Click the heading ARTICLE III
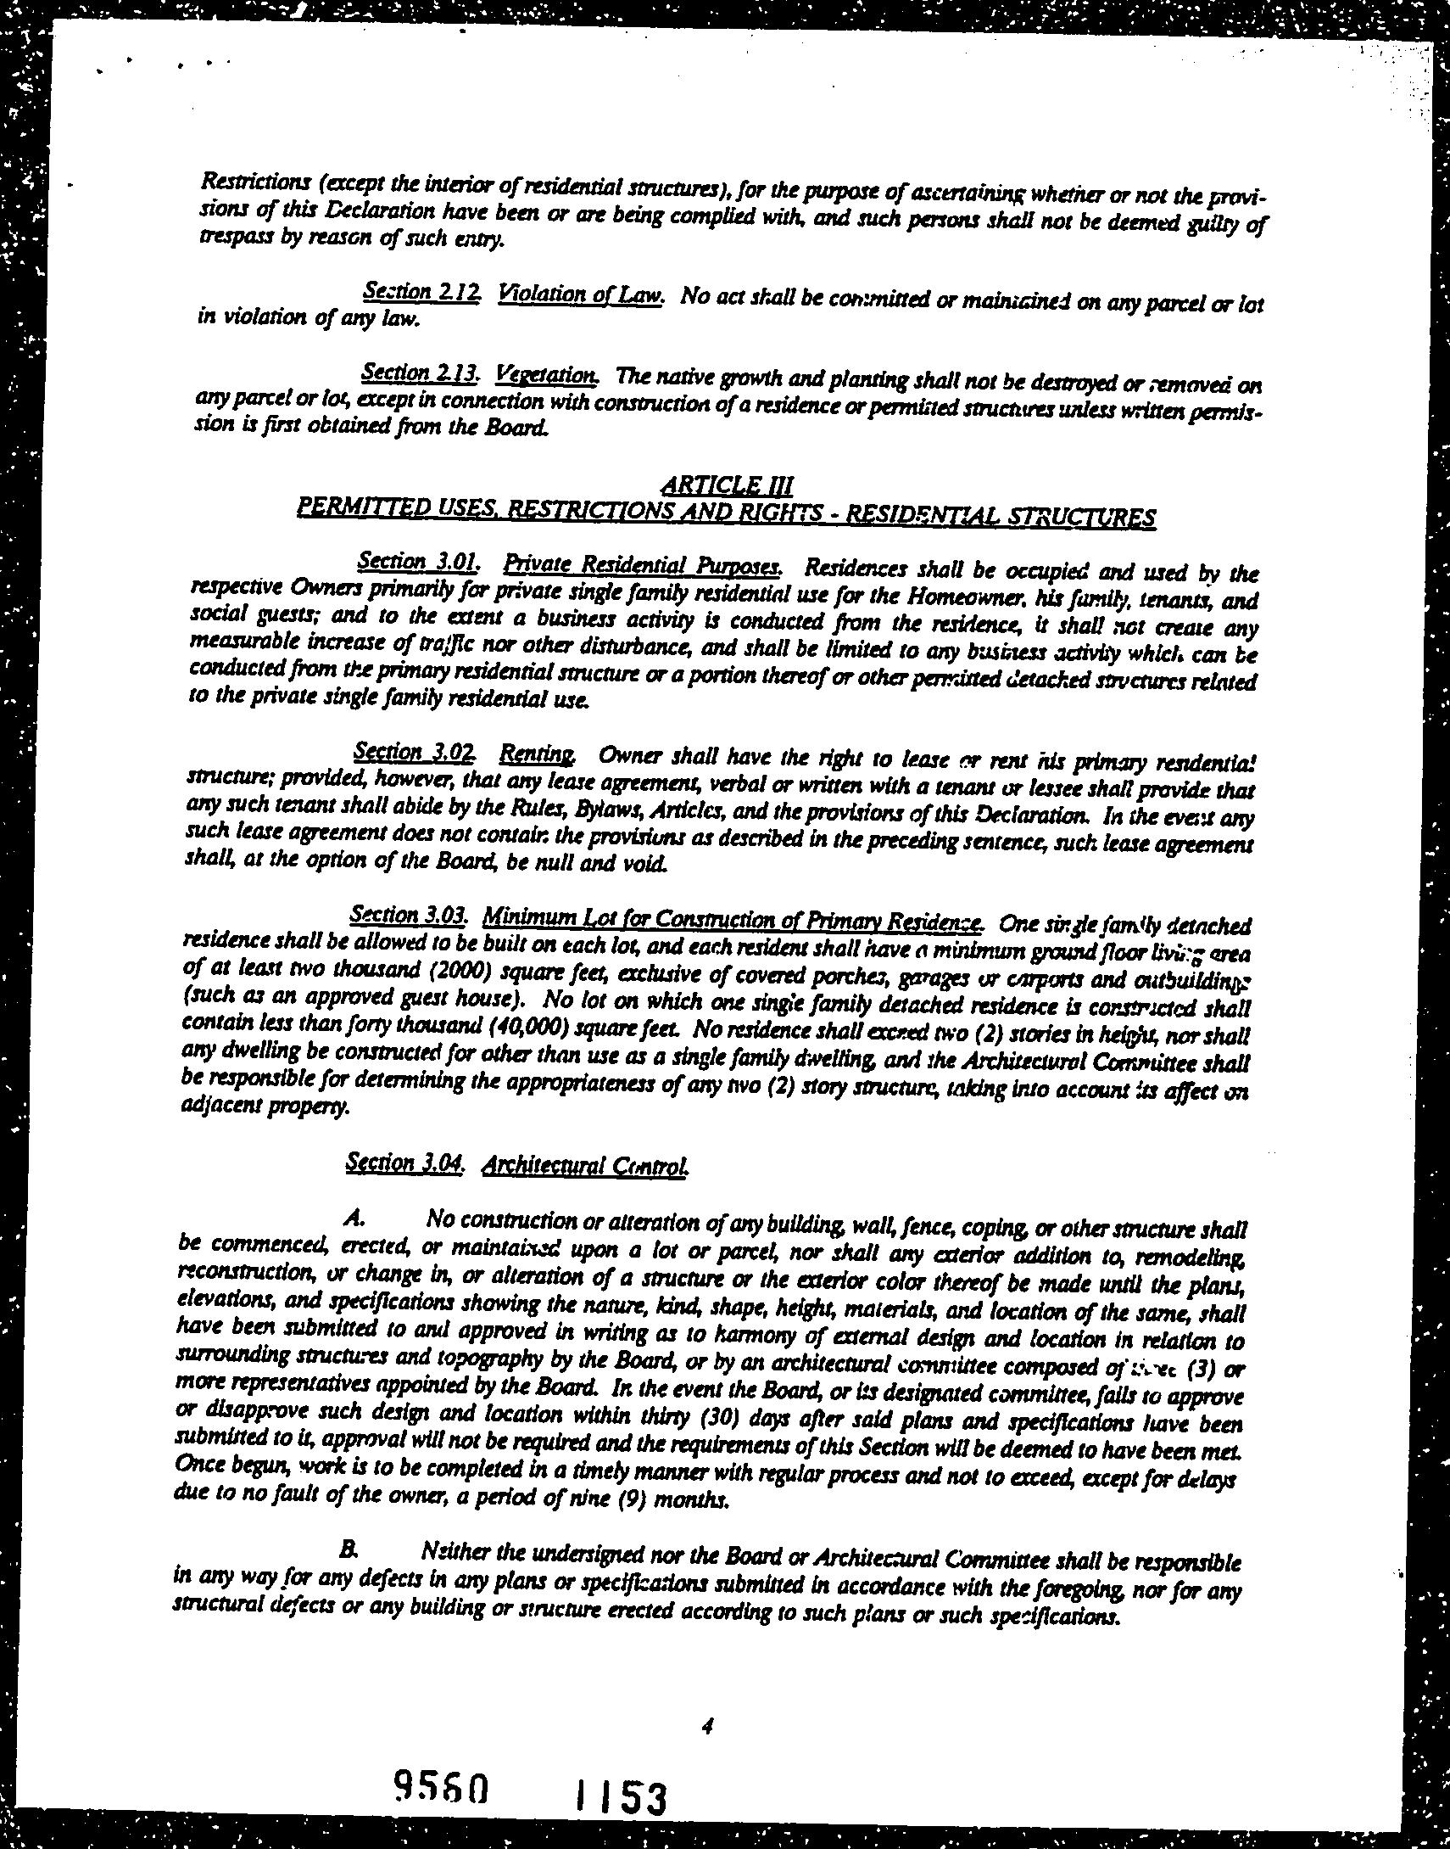[x=727, y=485]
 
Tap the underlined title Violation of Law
[x=581, y=294]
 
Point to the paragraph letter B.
[x=346, y=1549]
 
